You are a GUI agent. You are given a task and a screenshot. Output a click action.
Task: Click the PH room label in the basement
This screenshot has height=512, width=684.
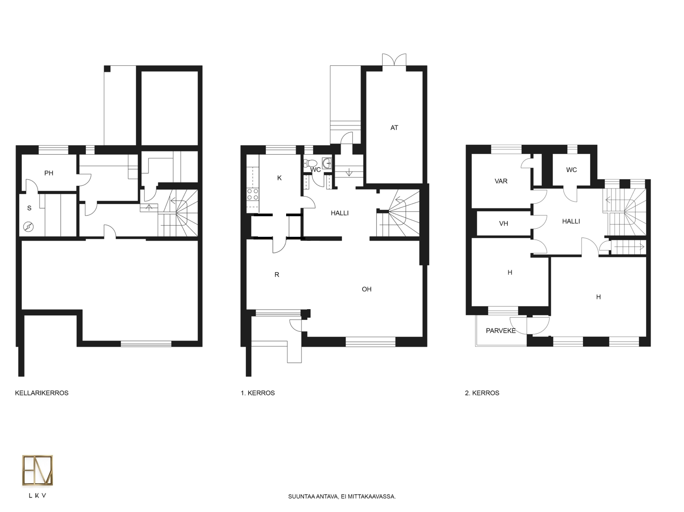click(49, 173)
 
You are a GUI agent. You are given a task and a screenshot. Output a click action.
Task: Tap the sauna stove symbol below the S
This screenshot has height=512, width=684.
click(29, 227)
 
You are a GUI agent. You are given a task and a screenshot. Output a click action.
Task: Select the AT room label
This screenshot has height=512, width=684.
click(394, 128)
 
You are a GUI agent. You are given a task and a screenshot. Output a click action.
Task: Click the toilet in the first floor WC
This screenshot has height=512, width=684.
click(310, 163)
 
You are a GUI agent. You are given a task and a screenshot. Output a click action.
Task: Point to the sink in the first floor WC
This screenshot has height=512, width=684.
click(327, 163)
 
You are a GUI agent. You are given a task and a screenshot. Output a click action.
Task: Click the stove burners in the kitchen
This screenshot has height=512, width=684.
click(253, 194)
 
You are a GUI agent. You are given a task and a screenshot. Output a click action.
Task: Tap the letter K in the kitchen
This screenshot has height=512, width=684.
click(279, 178)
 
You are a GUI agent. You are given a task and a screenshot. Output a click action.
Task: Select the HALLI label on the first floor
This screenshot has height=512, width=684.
click(340, 214)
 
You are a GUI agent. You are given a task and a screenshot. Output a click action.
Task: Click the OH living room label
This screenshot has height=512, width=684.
click(367, 290)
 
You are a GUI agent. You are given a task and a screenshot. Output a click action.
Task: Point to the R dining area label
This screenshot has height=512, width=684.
click(277, 275)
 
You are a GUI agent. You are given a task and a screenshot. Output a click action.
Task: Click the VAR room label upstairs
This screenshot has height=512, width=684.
click(501, 181)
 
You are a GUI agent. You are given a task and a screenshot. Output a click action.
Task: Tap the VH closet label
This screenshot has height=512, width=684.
click(503, 224)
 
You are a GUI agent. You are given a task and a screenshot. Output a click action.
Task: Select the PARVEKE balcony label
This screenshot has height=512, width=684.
click(501, 331)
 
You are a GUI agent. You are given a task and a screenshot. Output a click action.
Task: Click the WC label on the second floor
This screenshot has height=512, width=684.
click(571, 170)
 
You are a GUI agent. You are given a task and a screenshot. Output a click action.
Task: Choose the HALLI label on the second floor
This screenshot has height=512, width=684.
click(571, 222)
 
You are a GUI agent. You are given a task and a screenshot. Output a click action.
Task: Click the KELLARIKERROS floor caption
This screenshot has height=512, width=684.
click(42, 393)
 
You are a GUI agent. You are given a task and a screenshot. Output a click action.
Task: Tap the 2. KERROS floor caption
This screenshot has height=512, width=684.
click(482, 393)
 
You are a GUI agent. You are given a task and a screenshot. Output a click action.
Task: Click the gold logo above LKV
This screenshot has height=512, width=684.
click(38, 470)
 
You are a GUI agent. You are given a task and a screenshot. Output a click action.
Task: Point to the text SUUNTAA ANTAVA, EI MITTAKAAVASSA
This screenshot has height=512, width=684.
click(342, 497)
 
